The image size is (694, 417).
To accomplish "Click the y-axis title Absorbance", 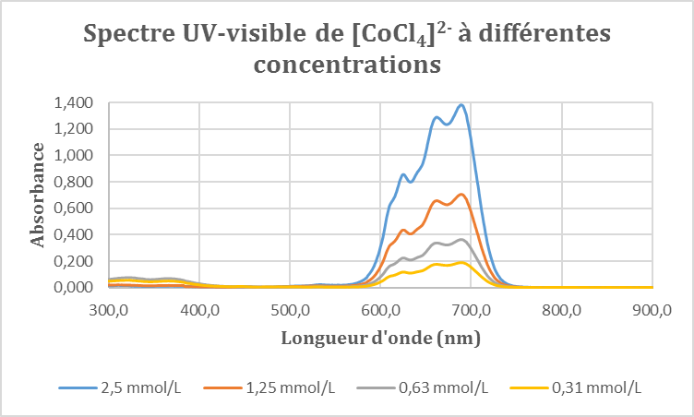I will pyautogui.click(x=39, y=195).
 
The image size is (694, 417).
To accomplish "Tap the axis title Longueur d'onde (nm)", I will pyautogui.click(x=380, y=339).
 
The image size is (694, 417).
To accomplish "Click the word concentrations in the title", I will pyautogui.click(x=346, y=66).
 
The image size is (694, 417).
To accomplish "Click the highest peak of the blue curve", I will pyautogui.click(x=461, y=104).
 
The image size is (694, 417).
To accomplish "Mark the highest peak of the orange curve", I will pyautogui.click(x=461, y=194).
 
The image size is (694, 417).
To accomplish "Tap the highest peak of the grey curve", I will pyautogui.click(x=461, y=240).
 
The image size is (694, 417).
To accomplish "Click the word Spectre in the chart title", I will pyautogui.click(x=128, y=35).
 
